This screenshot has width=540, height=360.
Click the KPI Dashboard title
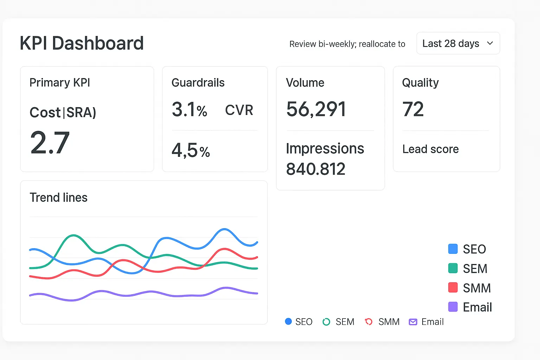point(82,43)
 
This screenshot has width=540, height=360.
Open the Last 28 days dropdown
point(458,43)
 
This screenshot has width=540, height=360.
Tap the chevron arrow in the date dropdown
point(490,43)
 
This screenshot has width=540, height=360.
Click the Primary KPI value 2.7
point(50,143)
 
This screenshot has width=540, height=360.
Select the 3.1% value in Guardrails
point(189,110)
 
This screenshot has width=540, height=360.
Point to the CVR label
point(239,110)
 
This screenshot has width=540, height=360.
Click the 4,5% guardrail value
point(191,151)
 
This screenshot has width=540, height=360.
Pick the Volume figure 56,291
point(316,109)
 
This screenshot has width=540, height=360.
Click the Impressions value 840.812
point(316,169)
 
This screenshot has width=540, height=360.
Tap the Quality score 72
point(413,109)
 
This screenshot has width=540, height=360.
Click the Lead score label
point(430,149)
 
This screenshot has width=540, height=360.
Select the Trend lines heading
point(58,198)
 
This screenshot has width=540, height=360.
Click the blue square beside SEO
point(453,249)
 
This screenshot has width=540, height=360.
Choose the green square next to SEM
point(453,268)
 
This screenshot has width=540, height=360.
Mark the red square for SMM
point(453,288)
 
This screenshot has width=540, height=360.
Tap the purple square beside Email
point(453,307)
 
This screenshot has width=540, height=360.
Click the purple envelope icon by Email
point(413,322)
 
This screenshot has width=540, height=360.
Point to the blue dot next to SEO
point(288,321)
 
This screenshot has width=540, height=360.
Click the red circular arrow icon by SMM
point(368,322)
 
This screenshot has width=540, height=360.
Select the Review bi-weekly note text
point(347,44)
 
